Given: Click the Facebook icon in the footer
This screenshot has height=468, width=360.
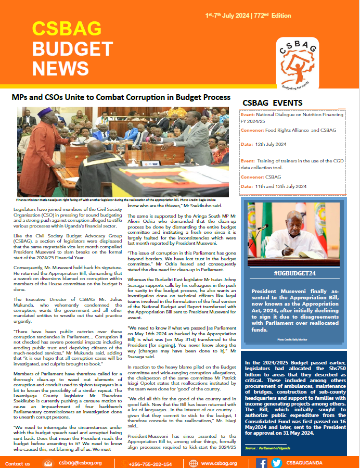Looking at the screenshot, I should pos(262,463).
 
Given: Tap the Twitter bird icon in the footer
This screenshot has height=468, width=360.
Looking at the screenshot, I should pos(276,463).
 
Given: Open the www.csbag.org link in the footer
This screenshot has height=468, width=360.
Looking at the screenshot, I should pos(218,463).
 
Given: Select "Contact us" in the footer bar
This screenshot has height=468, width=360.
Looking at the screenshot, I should pos(17,463).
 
